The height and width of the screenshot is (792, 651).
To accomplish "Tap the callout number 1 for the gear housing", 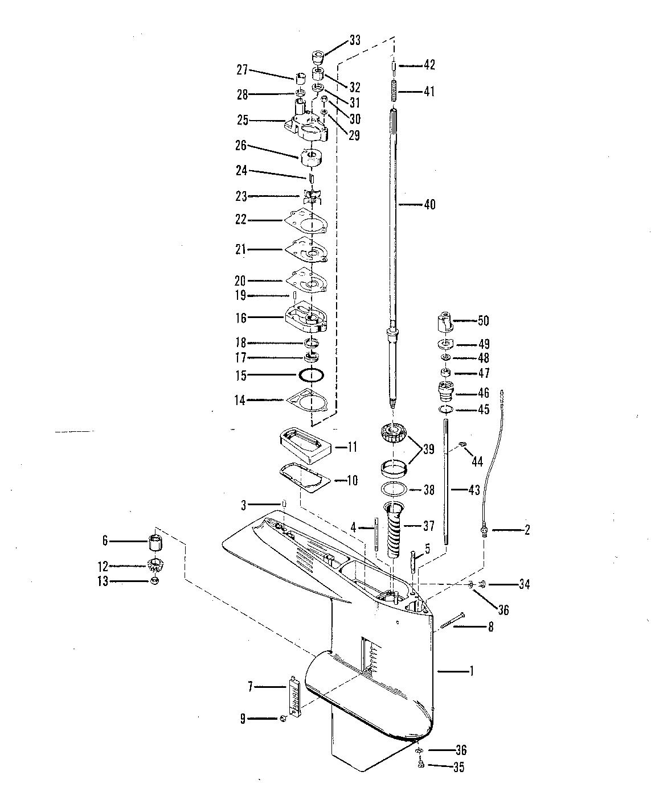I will coord(471,671).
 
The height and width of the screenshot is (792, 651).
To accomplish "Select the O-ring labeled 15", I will coord(312,376).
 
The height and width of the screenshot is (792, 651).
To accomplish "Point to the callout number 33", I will coord(355,40).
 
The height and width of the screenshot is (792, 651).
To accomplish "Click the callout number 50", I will coord(483,321).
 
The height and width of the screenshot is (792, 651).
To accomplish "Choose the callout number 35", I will coord(458,768).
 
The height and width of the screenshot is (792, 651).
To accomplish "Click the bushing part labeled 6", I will coord(156,543).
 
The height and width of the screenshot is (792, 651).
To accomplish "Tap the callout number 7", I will coord(250,687).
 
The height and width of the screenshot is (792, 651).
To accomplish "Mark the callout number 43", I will coord(473,489).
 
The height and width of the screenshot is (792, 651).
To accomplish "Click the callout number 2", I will coord(527,530).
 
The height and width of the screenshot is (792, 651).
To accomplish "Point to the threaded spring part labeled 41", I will coord(394,92).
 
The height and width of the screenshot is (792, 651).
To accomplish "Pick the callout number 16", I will coord(241,318).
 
